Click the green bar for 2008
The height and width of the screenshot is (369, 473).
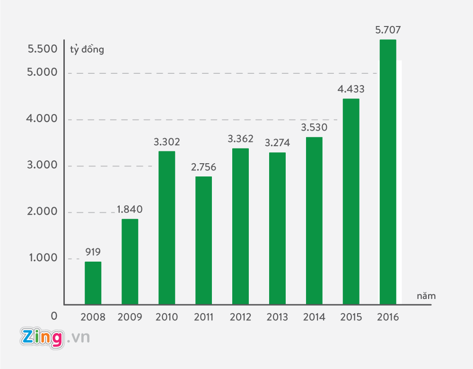pyautogui.click(x=93, y=283)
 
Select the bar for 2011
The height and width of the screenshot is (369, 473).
pyautogui.click(x=203, y=240)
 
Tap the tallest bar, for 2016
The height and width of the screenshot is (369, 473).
pyautogui.click(x=388, y=172)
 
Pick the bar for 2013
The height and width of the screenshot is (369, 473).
pyautogui.click(x=277, y=228)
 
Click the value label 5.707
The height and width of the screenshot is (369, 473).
pyautogui.click(x=388, y=30)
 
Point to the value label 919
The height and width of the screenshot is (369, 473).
pyautogui.click(x=93, y=252)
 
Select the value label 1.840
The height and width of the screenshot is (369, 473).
pyautogui.click(x=130, y=210)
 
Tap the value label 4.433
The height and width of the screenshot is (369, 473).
pyautogui.click(x=351, y=89)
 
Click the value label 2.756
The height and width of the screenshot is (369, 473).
pyautogui.click(x=203, y=167)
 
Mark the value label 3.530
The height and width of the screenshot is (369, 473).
pyautogui.click(x=314, y=127)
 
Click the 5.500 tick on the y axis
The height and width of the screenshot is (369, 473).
pyautogui.click(x=42, y=49)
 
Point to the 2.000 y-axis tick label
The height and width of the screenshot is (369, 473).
pyautogui.click(x=42, y=211)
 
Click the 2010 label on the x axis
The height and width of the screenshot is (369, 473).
pyautogui.click(x=166, y=317)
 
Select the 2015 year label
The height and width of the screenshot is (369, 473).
pyautogui.click(x=351, y=317)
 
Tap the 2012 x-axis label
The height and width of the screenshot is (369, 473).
pyautogui.click(x=240, y=317)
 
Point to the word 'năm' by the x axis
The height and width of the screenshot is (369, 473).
pyautogui.click(x=426, y=296)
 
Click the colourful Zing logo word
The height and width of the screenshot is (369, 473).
pyautogui.click(x=42, y=338)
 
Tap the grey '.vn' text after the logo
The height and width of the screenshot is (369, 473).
pyautogui.click(x=78, y=338)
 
